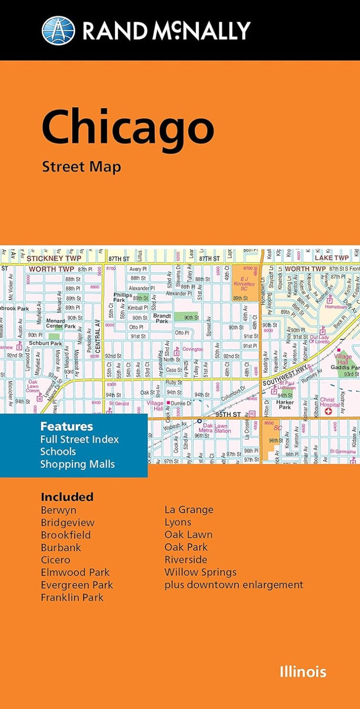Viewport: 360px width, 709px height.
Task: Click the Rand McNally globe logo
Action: pyautogui.click(x=58, y=31)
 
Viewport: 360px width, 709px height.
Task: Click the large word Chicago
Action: pyautogui.click(x=128, y=128)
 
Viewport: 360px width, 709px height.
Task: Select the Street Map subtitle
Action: pyautogui.click(x=81, y=167)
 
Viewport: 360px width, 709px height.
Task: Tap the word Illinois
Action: pyautogui.click(x=303, y=671)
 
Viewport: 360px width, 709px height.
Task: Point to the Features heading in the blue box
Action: pyautogui.click(x=67, y=426)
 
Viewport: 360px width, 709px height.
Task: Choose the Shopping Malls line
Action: pyautogui.click(x=78, y=464)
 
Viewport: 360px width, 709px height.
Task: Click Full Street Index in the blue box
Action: pyautogui.click(x=79, y=439)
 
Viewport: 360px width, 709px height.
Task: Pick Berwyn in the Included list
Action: pyautogui.click(x=58, y=510)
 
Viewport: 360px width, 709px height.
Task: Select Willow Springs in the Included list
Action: pyautogui.click(x=201, y=572)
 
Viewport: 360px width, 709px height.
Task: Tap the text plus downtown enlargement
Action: pyautogui.click(x=234, y=585)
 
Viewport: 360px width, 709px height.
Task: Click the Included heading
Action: pyautogui.click(x=67, y=497)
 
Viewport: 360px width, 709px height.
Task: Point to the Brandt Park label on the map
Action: pyautogui.click(x=161, y=318)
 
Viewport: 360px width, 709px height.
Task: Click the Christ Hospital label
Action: pyautogui.click(x=328, y=402)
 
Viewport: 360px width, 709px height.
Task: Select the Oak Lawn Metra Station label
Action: pyautogui.click(x=217, y=428)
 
